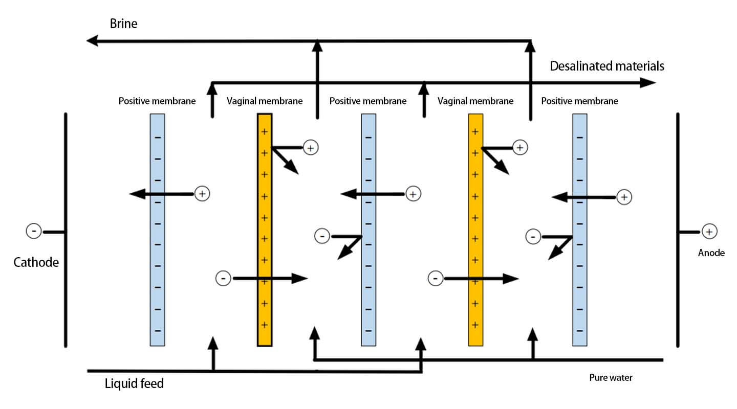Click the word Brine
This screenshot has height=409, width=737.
[123, 24]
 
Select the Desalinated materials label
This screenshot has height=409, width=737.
[607, 66]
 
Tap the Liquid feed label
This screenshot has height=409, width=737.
[134, 383]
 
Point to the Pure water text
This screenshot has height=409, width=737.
[611, 378]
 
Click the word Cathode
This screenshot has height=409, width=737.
[36, 263]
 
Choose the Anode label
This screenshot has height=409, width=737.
[711, 253]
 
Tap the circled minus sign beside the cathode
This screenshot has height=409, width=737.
[34, 232]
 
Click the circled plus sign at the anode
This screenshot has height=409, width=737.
[708, 232]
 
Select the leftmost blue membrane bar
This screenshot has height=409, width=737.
[157, 230]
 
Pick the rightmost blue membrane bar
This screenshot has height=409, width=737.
[579, 230]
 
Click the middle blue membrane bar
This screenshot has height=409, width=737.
[368, 230]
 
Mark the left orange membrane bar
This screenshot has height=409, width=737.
[264, 230]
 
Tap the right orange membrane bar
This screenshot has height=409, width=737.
[475, 230]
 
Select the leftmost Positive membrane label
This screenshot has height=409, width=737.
[157, 101]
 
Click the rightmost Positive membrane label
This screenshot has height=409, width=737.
[579, 101]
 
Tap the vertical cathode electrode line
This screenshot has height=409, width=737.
[66, 230]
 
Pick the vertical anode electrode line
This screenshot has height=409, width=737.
[678, 230]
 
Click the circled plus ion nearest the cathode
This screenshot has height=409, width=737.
[202, 194]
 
